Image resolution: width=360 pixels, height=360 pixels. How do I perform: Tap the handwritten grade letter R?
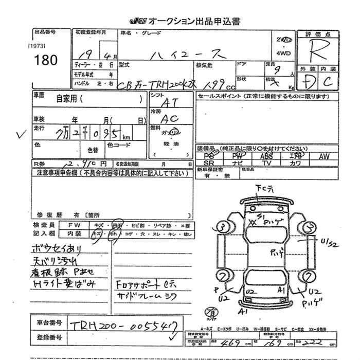321,51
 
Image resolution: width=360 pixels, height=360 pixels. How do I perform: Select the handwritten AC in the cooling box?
170,118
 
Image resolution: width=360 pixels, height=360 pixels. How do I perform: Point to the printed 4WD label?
284,52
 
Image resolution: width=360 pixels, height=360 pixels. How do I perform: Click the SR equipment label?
208,163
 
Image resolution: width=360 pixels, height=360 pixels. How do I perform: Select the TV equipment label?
266,163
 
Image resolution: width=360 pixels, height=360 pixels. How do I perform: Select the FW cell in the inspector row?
74,225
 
